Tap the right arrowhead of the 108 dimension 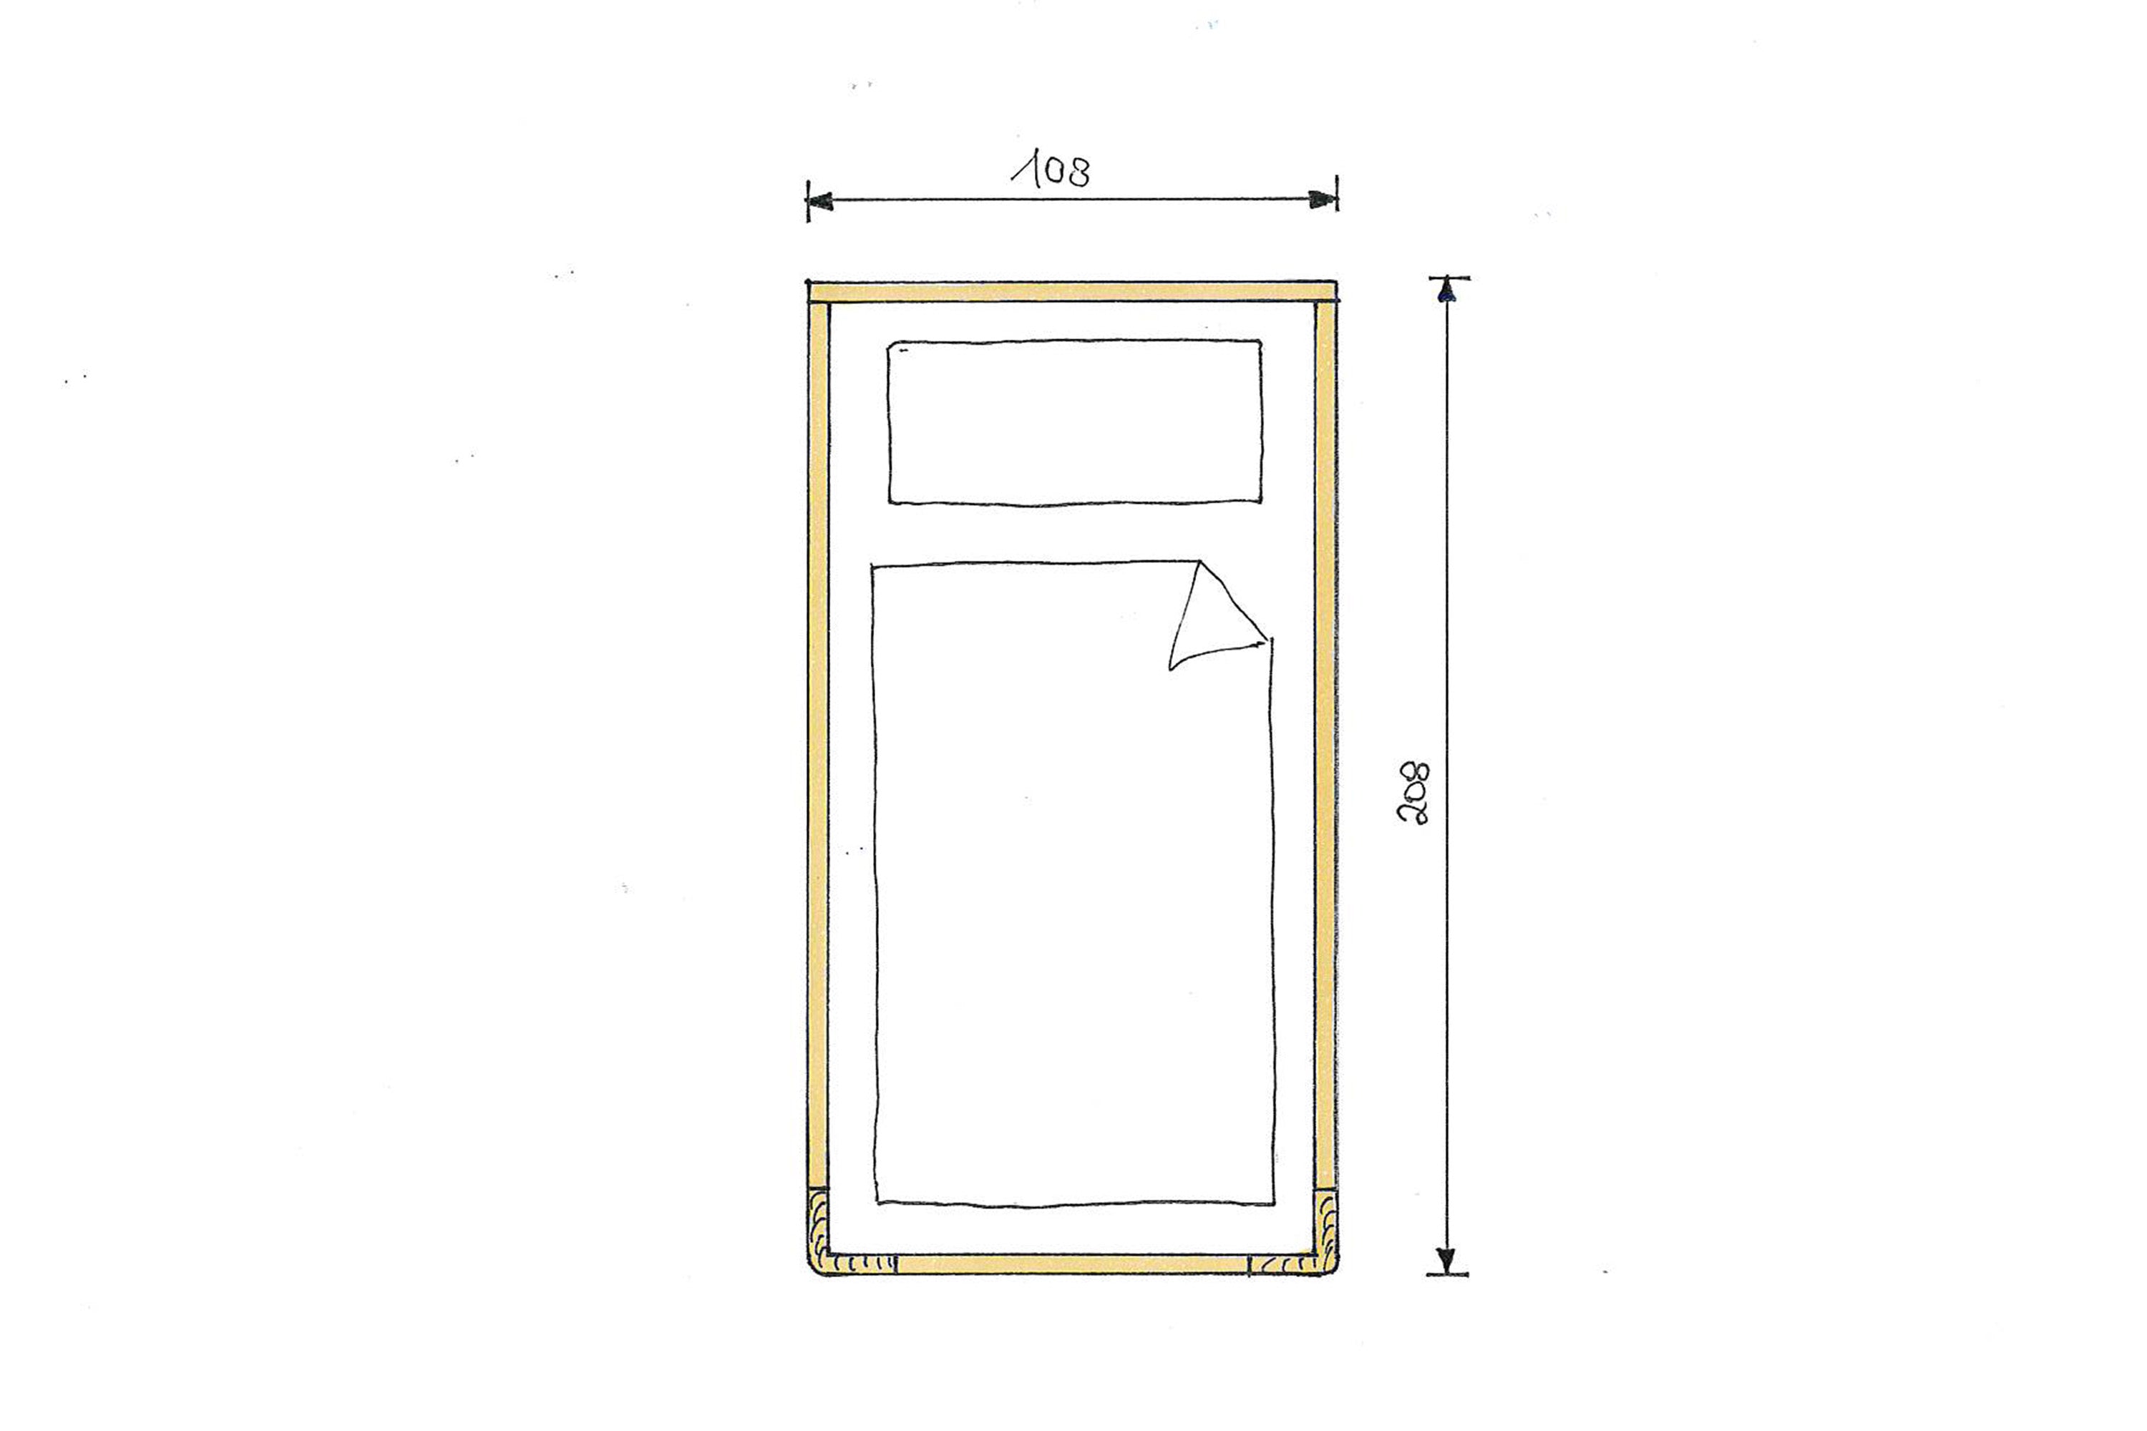click(x=1323, y=199)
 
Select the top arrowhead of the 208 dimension click(x=1446, y=291)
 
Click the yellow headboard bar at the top click(x=1073, y=292)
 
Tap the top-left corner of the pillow click(x=892, y=346)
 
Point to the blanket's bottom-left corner click(x=878, y=1202)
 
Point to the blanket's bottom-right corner click(x=1272, y=1203)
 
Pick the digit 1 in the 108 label click(x=1027, y=171)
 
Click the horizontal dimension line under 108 click(x=1073, y=200)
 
